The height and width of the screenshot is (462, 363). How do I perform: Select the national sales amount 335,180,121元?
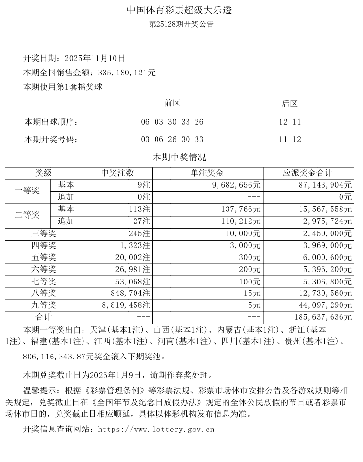coord(125,73)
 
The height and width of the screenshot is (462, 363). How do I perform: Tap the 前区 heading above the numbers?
coord(172,104)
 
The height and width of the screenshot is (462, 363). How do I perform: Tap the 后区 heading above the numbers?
coord(290,104)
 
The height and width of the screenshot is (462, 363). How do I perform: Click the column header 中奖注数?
coord(117,173)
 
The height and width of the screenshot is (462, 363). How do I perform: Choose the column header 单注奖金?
coord(207,173)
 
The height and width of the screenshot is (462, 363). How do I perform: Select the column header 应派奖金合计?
coord(308,173)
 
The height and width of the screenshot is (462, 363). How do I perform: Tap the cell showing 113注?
coord(140,209)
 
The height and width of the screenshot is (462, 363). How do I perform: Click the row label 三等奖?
coord(43,233)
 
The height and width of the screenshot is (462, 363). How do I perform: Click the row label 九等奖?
coord(43,305)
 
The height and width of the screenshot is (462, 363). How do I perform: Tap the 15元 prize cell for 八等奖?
coord(253,294)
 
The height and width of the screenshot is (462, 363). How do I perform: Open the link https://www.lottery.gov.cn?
coord(156,430)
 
